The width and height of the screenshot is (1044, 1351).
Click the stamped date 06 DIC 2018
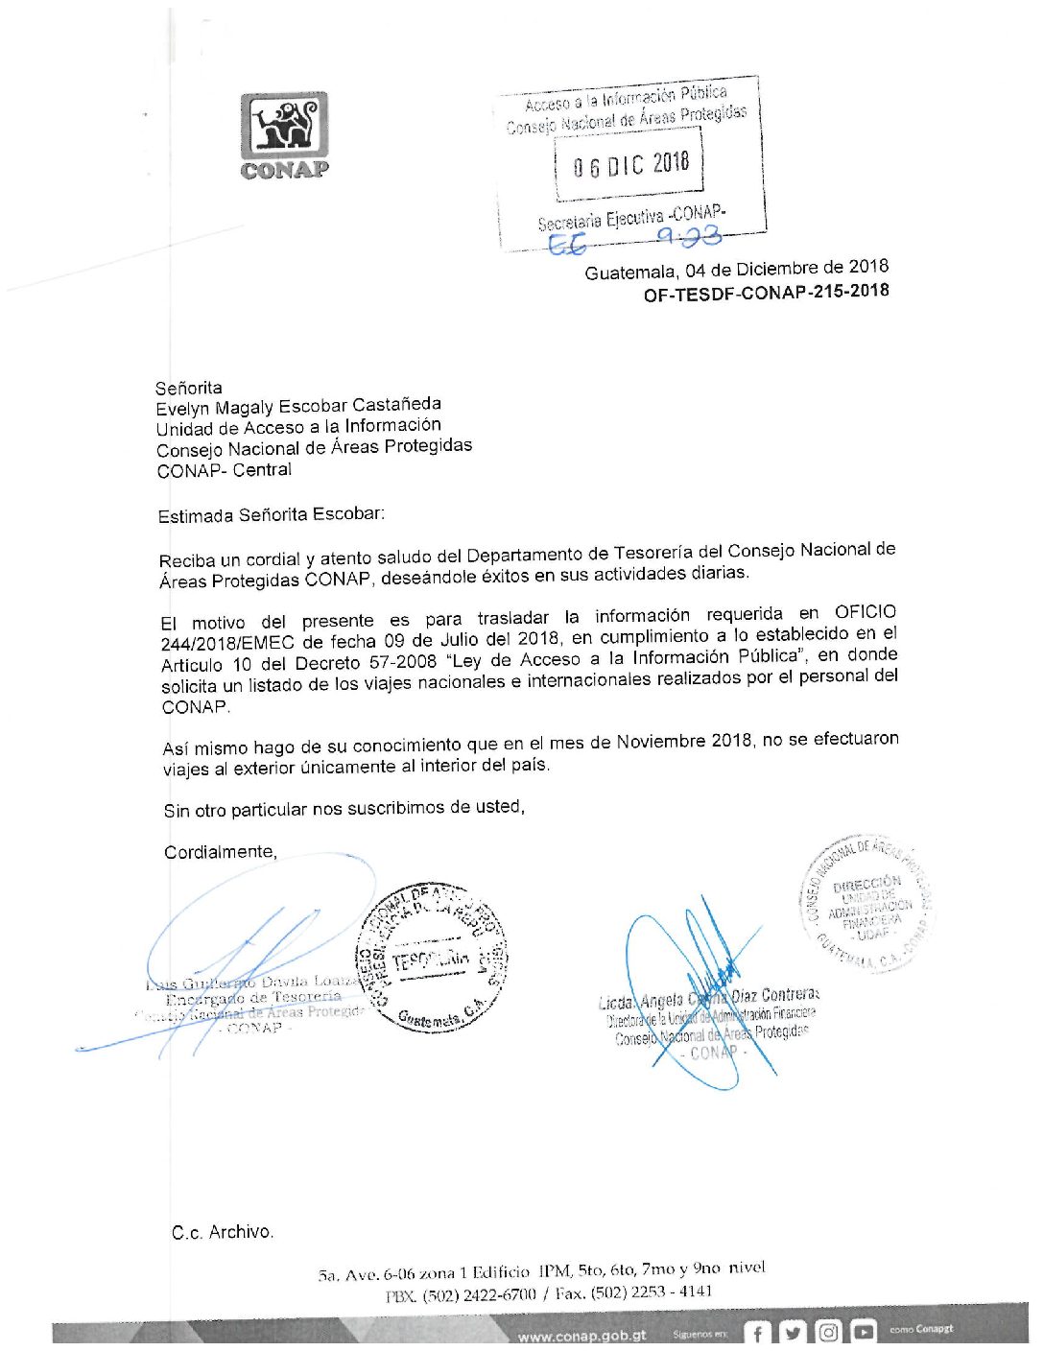[630, 165]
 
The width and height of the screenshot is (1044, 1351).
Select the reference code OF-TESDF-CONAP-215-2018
[766, 292]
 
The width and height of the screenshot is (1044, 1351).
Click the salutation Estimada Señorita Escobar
[271, 514]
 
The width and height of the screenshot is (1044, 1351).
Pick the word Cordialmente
[220, 852]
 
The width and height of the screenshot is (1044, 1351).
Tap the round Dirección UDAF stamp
[866, 904]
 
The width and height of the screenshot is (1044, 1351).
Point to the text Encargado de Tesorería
[253, 998]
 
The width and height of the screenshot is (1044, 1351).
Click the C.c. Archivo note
[223, 1232]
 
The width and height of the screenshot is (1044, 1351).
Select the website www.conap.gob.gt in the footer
[581, 1335]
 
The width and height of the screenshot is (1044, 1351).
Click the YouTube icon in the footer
[864, 1332]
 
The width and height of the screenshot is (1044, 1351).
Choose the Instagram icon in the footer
[828, 1332]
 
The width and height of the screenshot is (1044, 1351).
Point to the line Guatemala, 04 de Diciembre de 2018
[736, 270]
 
